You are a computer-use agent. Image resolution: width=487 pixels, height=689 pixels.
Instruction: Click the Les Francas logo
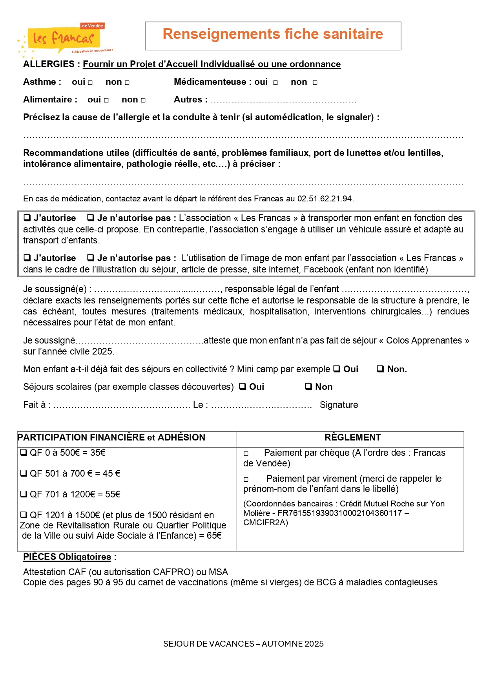click(x=65, y=39)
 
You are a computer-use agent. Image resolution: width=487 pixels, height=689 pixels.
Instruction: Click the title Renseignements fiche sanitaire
click(x=273, y=34)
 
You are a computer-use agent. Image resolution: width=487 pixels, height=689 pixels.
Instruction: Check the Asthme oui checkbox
click(x=90, y=82)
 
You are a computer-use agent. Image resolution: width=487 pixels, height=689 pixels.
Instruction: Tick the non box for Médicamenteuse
click(x=315, y=82)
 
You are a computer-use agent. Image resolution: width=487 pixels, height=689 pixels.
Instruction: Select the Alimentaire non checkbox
click(x=143, y=100)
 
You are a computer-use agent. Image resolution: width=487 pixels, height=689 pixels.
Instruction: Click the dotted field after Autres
click(x=283, y=101)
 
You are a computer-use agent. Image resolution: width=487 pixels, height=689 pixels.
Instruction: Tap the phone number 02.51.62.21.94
click(x=325, y=199)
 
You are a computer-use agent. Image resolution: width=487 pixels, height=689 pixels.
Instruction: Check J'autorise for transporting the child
click(x=27, y=217)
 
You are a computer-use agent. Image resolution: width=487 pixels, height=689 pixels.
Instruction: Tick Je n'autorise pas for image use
click(x=91, y=258)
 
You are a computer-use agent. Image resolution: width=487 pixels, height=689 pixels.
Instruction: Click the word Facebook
click(x=323, y=269)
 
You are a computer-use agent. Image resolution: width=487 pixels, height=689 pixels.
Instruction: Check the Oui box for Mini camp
click(x=337, y=369)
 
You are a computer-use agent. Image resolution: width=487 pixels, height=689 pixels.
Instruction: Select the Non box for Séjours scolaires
click(x=308, y=386)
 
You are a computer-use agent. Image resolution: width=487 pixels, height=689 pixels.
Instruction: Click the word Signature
click(x=339, y=405)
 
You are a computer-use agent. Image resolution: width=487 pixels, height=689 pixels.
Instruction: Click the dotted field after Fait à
click(x=122, y=405)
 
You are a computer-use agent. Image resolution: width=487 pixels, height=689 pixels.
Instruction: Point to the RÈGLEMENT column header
click(x=352, y=437)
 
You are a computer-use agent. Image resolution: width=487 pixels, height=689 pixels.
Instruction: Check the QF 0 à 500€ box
click(x=24, y=452)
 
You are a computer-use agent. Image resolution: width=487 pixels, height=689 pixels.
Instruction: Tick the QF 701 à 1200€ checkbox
click(x=24, y=494)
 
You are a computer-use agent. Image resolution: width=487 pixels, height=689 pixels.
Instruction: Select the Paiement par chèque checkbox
click(x=246, y=453)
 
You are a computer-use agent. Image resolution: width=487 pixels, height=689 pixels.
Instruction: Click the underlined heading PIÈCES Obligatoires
click(x=67, y=557)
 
